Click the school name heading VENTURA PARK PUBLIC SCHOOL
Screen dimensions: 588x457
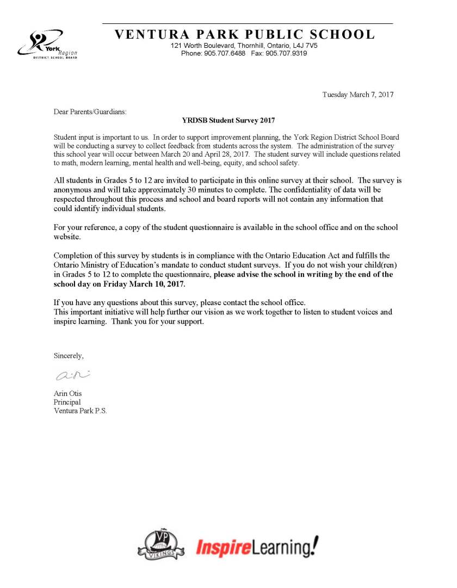pos(245,35)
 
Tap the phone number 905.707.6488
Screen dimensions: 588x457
pos(224,53)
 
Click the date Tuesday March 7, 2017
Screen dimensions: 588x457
pos(358,95)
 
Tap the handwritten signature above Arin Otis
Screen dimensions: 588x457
pos(71,376)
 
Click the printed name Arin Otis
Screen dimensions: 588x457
pos(67,393)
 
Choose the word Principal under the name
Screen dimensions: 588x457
pos(67,402)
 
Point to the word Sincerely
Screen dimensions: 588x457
pos(69,356)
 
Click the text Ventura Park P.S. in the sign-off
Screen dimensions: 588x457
pos(80,411)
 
